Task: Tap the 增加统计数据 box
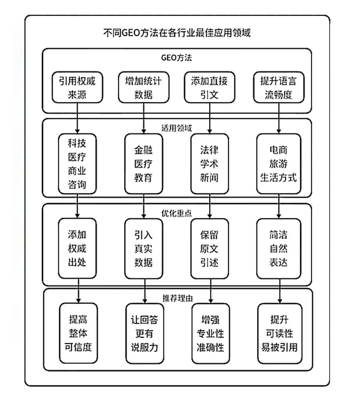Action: click(x=144, y=87)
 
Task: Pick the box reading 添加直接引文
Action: click(x=209, y=87)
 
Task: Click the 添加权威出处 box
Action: click(x=77, y=248)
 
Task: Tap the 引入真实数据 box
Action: click(x=144, y=248)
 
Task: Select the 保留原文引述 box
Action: click(x=209, y=248)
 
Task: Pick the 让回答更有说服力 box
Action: click(x=144, y=333)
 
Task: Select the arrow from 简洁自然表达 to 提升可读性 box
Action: click(x=279, y=291)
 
